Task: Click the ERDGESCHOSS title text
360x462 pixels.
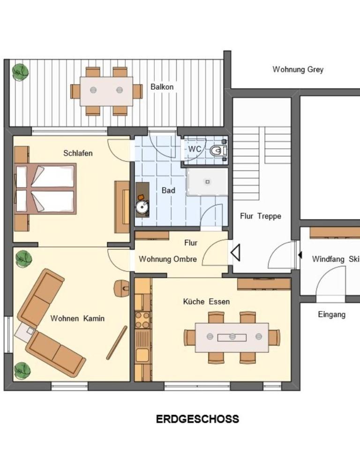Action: [197, 419]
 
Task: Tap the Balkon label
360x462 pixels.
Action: [162, 87]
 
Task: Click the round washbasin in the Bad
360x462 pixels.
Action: [142, 207]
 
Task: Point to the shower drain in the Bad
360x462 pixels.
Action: [208, 182]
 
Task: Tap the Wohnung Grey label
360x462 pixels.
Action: [298, 69]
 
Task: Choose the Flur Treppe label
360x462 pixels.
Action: [261, 216]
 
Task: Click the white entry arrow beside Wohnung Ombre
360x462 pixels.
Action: [235, 252]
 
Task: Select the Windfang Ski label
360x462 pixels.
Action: [336, 259]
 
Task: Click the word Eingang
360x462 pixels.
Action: [332, 315]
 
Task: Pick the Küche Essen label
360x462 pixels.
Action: [206, 302]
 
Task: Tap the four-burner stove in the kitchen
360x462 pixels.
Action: [142, 320]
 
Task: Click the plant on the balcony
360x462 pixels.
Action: [20, 71]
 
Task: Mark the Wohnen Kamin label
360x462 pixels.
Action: [77, 318]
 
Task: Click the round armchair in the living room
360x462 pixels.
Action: [121, 288]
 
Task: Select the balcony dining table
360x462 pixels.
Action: [106, 91]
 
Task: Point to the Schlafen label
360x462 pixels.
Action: [78, 153]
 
